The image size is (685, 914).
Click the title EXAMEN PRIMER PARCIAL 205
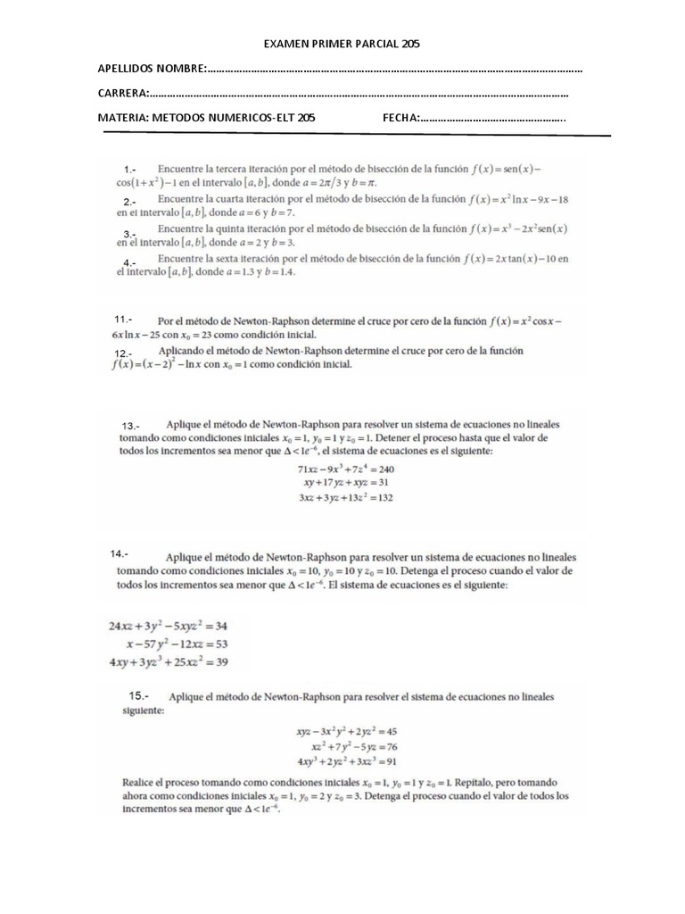point(343,43)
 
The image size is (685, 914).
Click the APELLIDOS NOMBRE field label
point(151,69)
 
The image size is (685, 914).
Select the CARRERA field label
point(123,93)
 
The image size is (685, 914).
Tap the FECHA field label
point(400,117)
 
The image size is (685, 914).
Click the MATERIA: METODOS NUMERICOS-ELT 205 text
point(206,117)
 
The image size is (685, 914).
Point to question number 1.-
point(130,170)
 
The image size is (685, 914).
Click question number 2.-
point(130,202)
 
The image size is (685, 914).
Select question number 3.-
point(129,234)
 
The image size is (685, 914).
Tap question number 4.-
point(129,262)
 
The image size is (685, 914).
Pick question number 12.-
point(123,354)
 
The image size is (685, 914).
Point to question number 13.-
point(133,426)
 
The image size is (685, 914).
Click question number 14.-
point(120,553)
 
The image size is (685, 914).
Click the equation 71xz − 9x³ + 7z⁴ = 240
point(345,469)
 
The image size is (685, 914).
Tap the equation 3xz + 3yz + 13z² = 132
point(345,498)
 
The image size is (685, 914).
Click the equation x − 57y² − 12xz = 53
point(166,644)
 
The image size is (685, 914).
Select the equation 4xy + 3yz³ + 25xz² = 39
point(169,661)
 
